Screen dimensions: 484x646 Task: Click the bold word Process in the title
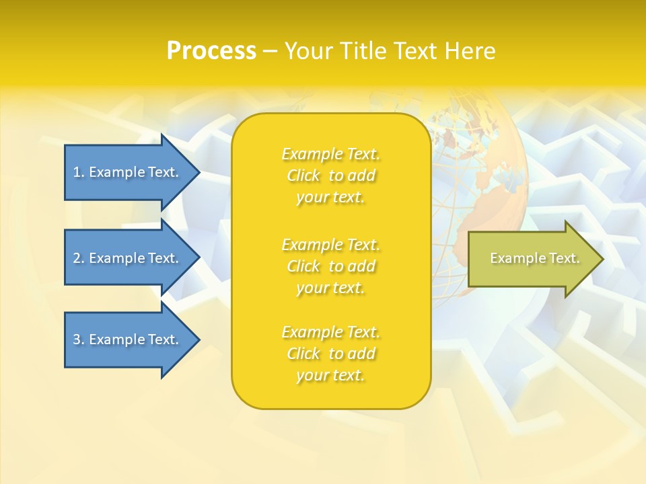pyautogui.click(x=211, y=50)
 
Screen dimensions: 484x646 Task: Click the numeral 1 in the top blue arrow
pyautogui.click(x=77, y=172)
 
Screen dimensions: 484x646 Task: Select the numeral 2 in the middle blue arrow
pyautogui.click(x=77, y=258)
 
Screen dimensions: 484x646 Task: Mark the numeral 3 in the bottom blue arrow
pyautogui.click(x=77, y=339)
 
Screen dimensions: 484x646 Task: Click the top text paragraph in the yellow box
pyautogui.click(x=330, y=175)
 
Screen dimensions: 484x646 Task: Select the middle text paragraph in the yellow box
pyautogui.click(x=330, y=266)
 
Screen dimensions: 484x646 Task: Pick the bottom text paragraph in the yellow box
pyautogui.click(x=330, y=354)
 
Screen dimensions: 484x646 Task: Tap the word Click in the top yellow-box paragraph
pyautogui.click(x=303, y=176)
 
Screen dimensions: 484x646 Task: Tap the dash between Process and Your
pyautogui.click(x=270, y=51)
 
